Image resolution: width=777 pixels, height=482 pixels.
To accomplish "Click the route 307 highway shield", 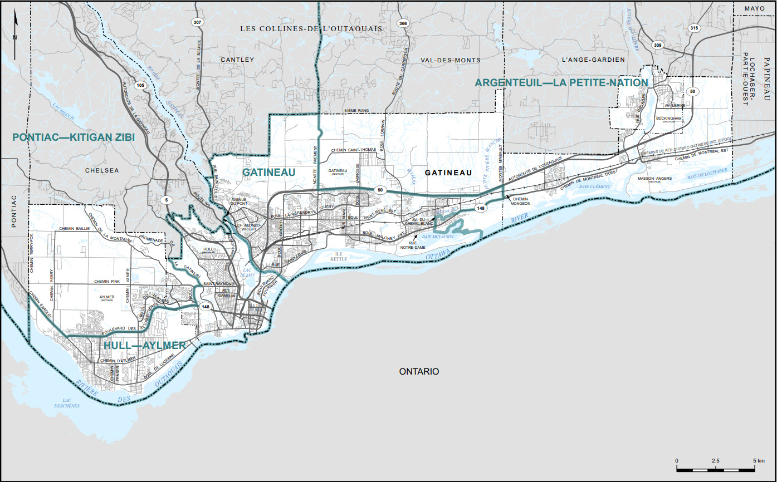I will [196, 22].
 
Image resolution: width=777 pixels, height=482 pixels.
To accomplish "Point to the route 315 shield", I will [693, 28].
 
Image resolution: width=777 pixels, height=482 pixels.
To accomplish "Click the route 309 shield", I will [658, 45].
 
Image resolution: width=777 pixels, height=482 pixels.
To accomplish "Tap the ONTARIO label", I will [419, 371].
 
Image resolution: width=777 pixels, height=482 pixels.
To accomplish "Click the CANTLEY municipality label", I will [237, 60].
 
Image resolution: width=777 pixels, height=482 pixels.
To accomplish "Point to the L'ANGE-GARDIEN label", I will [593, 60].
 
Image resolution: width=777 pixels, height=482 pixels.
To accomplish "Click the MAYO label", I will [755, 9].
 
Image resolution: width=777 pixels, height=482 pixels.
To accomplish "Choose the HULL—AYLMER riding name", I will [144, 346].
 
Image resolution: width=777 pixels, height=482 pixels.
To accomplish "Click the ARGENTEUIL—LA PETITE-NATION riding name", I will [561, 83].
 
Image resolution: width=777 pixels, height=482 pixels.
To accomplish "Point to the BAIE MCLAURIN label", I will [438, 237].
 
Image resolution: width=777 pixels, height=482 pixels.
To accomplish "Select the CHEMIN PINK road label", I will [107, 282].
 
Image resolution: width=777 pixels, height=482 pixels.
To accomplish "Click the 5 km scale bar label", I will [761, 461].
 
